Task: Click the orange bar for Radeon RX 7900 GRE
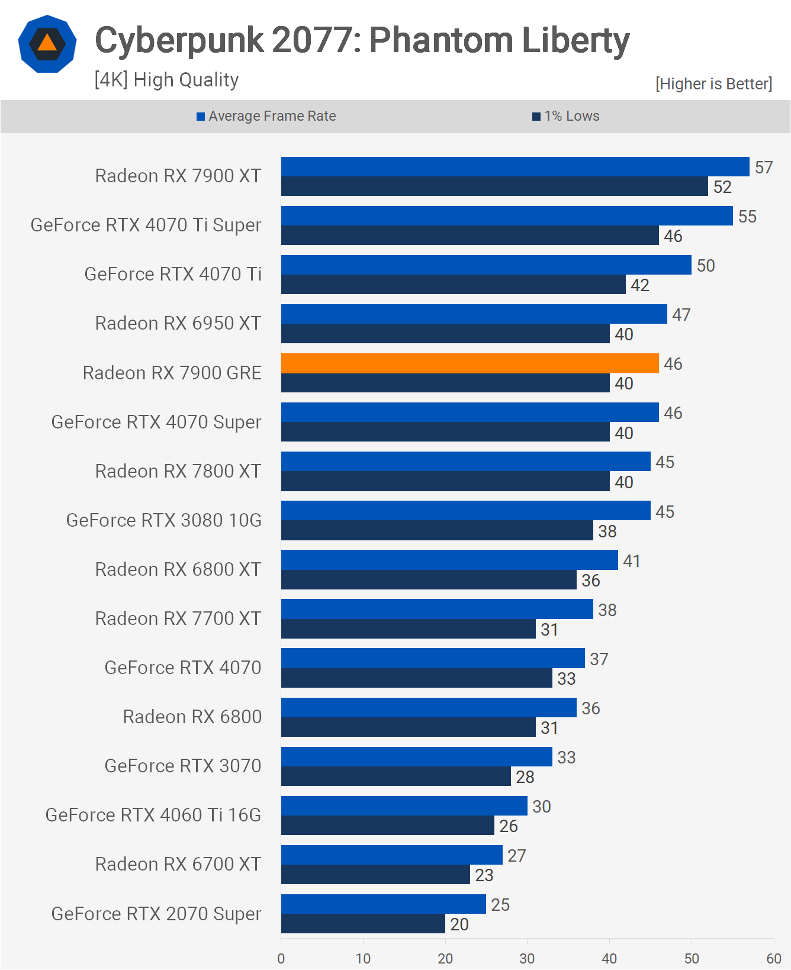(x=470, y=363)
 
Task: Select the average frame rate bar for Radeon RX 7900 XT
(x=515, y=166)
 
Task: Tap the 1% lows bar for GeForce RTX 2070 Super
(x=363, y=924)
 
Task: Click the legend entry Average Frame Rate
(x=266, y=116)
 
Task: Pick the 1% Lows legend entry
(x=566, y=116)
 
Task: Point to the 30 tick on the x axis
(x=527, y=958)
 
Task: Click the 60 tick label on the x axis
(x=773, y=958)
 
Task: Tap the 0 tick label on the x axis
(x=281, y=958)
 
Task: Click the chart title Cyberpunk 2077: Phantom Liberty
(x=362, y=40)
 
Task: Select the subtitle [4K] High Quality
(x=166, y=79)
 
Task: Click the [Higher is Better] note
(x=713, y=84)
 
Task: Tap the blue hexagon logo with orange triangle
(x=47, y=44)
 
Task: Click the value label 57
(x=764, y=167)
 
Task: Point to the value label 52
(x=722, y=187)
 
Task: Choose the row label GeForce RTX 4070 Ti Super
(x=146, y=225)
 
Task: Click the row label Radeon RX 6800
(x=192, y=717)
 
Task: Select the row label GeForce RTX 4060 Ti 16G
(x=153, y=815)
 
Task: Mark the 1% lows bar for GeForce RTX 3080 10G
(x=437, y=530)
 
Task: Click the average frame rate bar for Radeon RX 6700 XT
(x=391, y=855)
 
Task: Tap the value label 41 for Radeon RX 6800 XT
(x=632, y=560)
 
